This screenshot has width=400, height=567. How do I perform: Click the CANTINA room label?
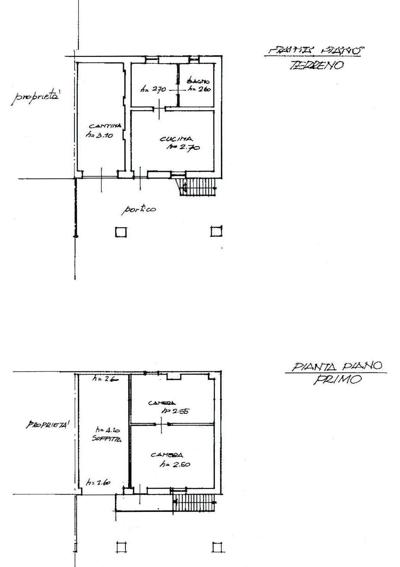(105, 126)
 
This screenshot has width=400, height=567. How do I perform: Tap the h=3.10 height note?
(99, 135)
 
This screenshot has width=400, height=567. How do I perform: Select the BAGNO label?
(198, 81)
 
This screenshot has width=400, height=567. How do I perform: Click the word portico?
(139, 209)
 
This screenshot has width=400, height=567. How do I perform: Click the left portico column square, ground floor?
(121, 232)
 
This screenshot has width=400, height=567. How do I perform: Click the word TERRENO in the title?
(316, 66)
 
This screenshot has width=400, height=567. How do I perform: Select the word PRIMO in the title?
(337, 380)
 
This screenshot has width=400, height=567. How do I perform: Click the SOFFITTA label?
(106, 439)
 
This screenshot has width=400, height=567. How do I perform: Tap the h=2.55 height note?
(176, 411)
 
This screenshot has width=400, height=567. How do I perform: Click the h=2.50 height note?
(175, 465)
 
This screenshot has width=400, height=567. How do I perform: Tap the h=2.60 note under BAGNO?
(199, 89)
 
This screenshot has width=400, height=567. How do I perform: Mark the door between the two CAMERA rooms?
(161, 424)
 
